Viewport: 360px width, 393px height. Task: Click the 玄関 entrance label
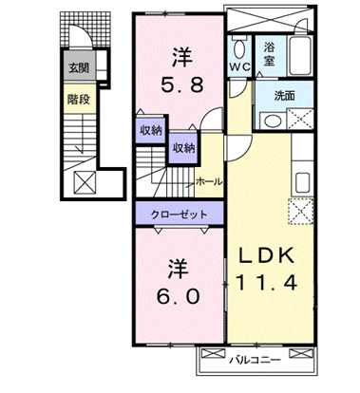coord(78,68)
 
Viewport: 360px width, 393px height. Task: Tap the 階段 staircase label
coord(78,97)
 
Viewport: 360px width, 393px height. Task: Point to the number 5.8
coord(177,83)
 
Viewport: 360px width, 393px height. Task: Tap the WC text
coord(238,67)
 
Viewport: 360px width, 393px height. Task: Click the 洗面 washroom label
coord(284,96)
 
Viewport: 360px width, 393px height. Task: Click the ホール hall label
coord(208,180)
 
